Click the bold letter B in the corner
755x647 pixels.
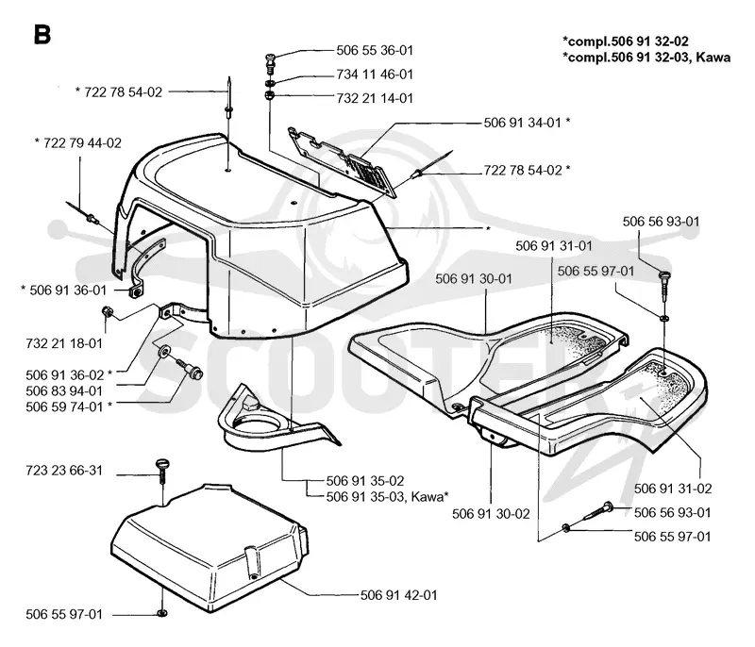(42, 35)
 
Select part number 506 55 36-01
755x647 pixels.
(375, 50)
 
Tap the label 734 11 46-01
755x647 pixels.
(375, 75)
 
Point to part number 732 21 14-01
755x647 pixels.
(375, 98)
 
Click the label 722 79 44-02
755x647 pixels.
(82, 142)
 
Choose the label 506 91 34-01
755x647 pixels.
(523, 123)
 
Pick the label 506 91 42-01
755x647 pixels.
(398, 595)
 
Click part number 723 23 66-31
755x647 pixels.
(64, 470)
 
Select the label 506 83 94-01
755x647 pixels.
(64, 390)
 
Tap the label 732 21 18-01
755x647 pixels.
(64, 343)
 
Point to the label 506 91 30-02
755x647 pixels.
(491, 514)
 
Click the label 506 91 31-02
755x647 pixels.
(673, 489)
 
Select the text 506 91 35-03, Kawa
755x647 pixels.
(385, 496)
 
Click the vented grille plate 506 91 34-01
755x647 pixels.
(342, 161)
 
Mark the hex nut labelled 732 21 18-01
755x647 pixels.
(107, 312)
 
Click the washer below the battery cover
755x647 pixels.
(162, 613)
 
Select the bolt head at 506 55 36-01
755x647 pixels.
(272, 60)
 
